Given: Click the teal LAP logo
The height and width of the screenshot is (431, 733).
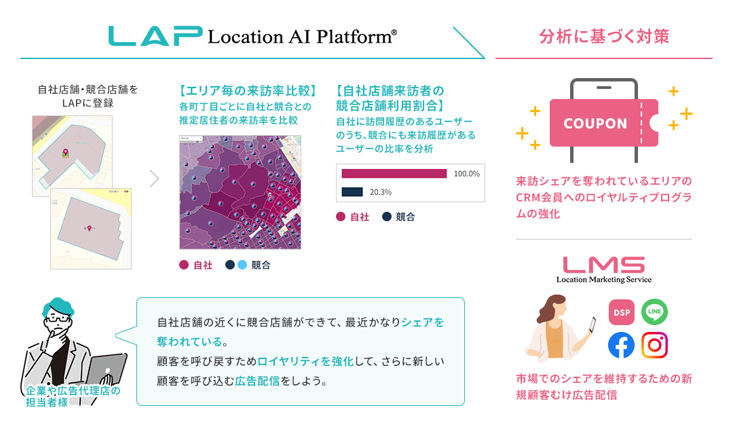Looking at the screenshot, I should [x=155, y=36].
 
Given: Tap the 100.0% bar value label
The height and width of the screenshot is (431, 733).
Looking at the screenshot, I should [x=466, y=174].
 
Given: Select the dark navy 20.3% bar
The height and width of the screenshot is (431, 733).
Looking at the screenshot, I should [x=352, y=192].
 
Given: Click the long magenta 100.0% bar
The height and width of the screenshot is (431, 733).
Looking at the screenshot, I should [x=394, y=174].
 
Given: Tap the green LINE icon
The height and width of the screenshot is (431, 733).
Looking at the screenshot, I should [x=654, y=312].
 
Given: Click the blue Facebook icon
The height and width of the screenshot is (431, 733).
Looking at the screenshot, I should [x=621, y=345].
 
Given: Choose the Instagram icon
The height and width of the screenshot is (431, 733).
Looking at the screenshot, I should [x=654, y=345].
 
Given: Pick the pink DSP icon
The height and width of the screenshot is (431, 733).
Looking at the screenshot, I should [x=621, y=312].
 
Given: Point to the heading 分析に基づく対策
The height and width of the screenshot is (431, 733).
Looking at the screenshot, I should [x=603, y=36].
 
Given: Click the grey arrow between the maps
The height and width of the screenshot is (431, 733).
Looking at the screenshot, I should [x=154, y=179].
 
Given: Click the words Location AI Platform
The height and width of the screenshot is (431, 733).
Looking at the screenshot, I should [x=302, y=37].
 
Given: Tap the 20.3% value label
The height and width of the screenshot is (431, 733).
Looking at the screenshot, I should [x=380, y=192].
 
